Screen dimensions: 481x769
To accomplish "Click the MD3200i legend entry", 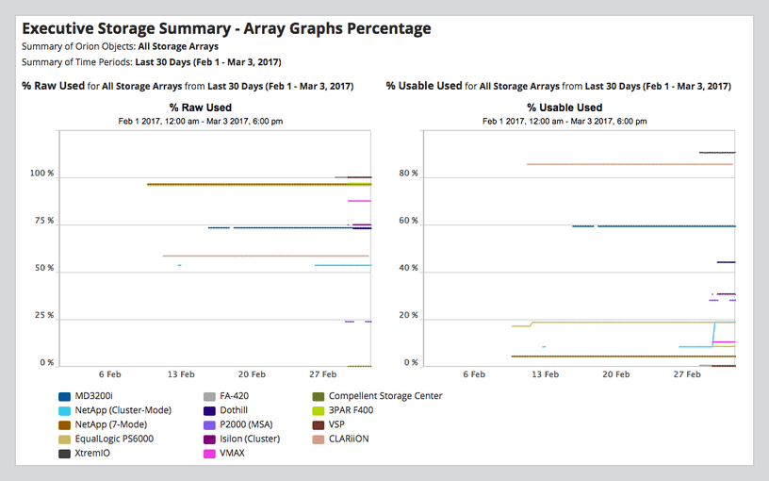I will pyautogui.click(x=96, y=396).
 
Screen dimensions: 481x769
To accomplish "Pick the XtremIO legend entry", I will pyautogui.click(x=94, y=454).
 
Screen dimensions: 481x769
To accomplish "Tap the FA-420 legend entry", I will pyautogui.click(x=236, y=396).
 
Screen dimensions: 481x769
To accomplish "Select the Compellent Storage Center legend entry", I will pyautogui.click(x=385, y=396).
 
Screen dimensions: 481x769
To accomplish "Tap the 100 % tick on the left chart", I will pyautogui.click(x=42, y=174).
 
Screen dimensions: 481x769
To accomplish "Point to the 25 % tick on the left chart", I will pyautogui.click(x=44, y=315).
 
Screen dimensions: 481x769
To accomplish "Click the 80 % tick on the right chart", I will pyautogui.click(x=408, y=174).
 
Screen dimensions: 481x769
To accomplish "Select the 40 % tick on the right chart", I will pyautogui.click(x=408, y=268).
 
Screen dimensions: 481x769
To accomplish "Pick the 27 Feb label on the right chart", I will pyautogui.click(x=686, y=374).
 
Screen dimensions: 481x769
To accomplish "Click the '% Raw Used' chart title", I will pyautogui.click(x=200, y=108).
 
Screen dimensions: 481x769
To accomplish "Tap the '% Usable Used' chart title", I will pyautogui.click(x=564, y=108).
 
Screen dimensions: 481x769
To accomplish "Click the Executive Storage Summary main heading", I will pyautogui.click(x=226, y=28).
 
